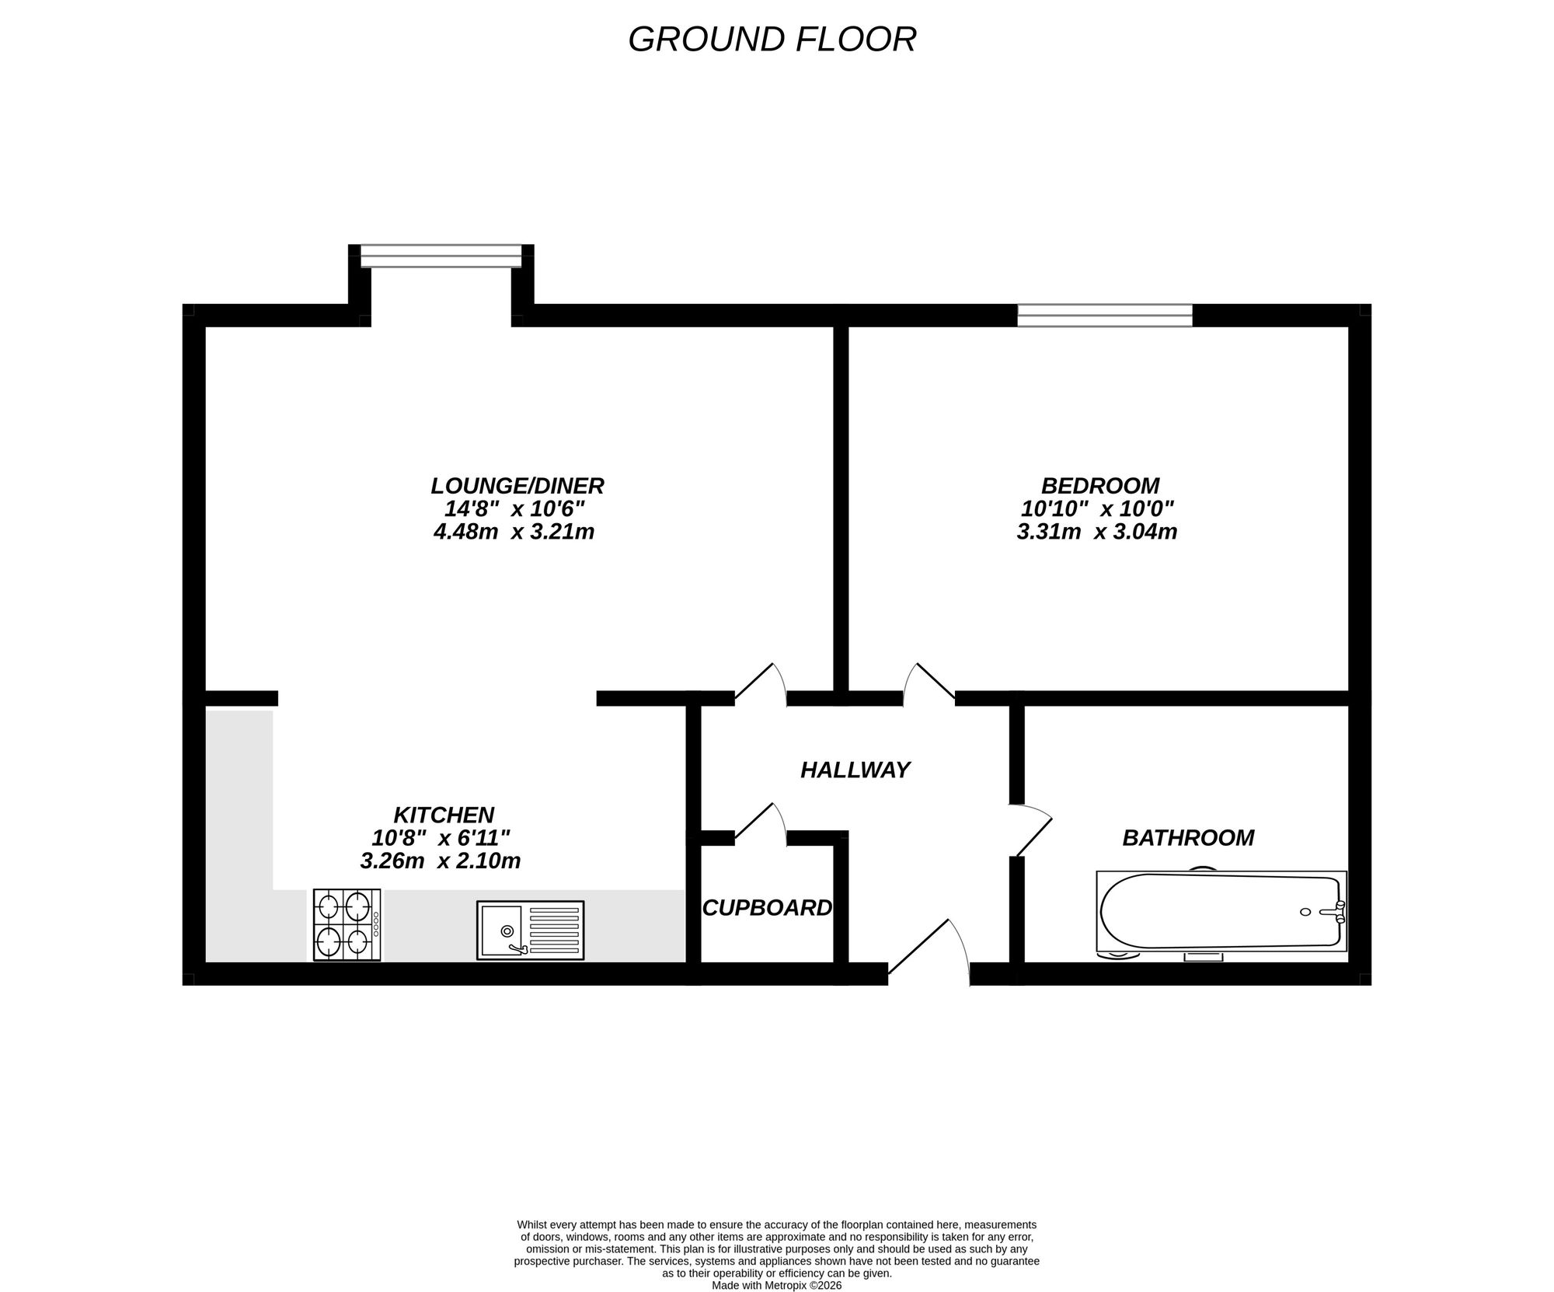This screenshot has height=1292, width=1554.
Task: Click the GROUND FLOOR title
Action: click(x=772, y=40)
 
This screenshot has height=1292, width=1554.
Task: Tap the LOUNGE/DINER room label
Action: click(x=517, y=486)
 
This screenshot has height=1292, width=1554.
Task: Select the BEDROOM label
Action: click(x=1100, y=486)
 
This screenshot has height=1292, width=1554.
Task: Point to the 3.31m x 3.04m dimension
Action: click(x=1096, y=532)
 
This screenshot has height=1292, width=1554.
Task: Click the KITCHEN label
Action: click(x=444, y=815)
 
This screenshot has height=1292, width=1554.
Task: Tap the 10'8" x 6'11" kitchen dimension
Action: click(x=441, y=838)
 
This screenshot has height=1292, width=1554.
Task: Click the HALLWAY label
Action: click(x=855, y=770)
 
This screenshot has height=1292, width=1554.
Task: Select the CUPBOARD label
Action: click(x=767, y=907)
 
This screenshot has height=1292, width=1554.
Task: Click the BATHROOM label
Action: click(x=1188, y=837)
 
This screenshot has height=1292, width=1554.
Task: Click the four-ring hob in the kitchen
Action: click(x=347, y=924)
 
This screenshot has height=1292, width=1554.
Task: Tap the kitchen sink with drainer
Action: click(x=530, y=930)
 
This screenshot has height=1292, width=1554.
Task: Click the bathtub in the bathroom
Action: click(x=1220, y=911)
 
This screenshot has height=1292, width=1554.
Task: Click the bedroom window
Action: click(x=1104, y=315)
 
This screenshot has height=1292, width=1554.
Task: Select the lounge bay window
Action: click(x=441, y=256)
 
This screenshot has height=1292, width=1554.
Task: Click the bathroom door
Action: click(x=1032, y=830)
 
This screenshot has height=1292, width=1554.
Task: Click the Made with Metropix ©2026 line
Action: click(x=776, y=1285)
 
